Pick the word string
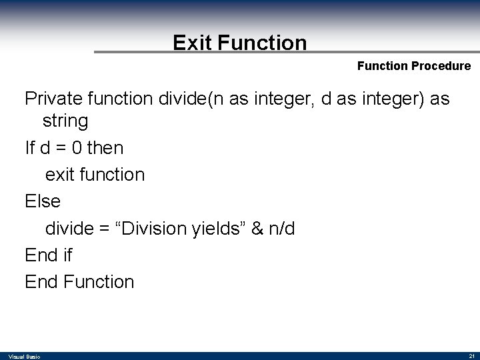(x=65, y=121)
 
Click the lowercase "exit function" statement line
(x=95, y=175)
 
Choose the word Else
(x=43, y=201)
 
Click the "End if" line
(x=49, y=255)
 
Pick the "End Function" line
(x=79, y=282)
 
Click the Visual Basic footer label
(x=25, y=357)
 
